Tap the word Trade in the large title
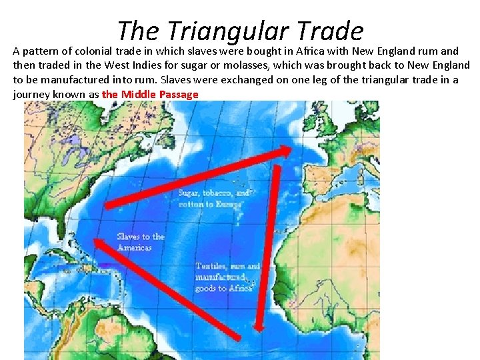tap(331, 31)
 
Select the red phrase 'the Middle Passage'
tap(150, 94)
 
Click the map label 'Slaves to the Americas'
tap(140, 242)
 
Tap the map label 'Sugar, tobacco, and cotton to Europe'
tap(213, 199)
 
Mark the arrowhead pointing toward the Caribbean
tap(99, 245)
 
